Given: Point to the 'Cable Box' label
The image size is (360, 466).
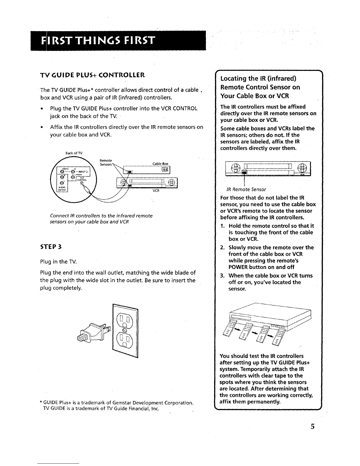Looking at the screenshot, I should (161, 164).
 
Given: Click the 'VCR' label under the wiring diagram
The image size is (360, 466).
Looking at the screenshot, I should (156, 191).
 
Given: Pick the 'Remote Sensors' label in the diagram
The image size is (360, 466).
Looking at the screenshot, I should (106, 162).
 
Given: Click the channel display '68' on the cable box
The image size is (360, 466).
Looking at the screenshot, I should (165, 169).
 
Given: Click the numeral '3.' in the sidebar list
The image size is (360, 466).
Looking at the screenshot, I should (223, 276).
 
